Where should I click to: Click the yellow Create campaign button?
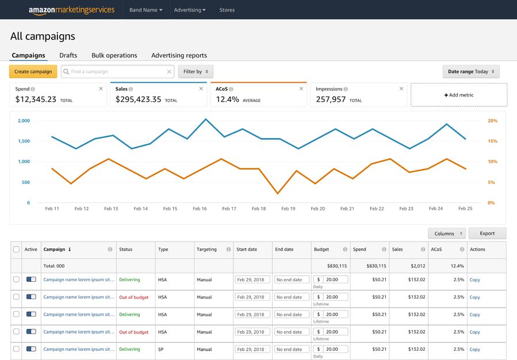click(33, 72)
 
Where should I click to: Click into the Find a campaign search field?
click(117, 72)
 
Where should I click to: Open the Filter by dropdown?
click(196, 72)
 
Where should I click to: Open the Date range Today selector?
click(470, 72)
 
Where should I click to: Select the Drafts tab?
click(68, 55)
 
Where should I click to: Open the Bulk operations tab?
click(114, 55)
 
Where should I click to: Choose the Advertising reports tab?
click(179, 55)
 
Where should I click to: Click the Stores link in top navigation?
click(227, 10)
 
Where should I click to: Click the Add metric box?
click(458, 95)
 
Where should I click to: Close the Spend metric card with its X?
click(101, 89)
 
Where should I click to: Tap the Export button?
click(487, 233)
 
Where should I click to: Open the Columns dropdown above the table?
click(447, 233)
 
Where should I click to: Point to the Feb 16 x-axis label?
click(200, 209)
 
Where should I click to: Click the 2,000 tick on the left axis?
click(24, 121)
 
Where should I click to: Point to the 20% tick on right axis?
click(492, 121)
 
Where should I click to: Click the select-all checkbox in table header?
click(16, 250)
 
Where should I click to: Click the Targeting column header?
click(206, 250)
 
